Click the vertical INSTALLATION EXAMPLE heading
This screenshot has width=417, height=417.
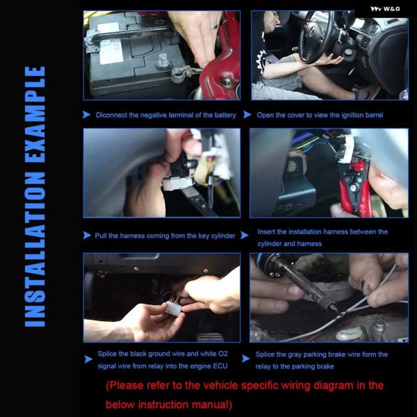pos(35,197)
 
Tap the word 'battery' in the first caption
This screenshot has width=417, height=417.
pos(225,115)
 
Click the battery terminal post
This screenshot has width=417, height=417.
pos(163,60)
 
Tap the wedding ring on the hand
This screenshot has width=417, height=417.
pos(214,26)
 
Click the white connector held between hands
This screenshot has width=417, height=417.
pos(174,309)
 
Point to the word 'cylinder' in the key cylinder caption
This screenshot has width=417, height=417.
pos(223,236)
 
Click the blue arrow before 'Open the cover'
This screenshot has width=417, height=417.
pos(247,115)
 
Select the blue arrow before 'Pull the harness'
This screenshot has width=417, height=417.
pos(87,236)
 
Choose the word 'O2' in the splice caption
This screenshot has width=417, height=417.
pos(223,354)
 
